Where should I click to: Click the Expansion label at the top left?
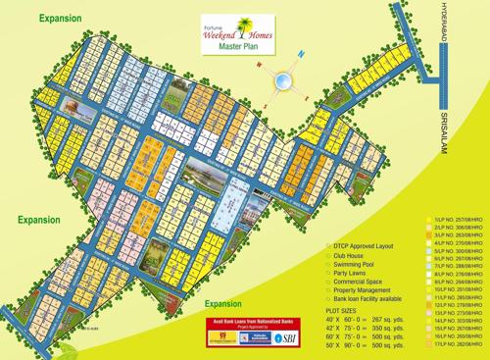pyautogui.click(x=62, y=18)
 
